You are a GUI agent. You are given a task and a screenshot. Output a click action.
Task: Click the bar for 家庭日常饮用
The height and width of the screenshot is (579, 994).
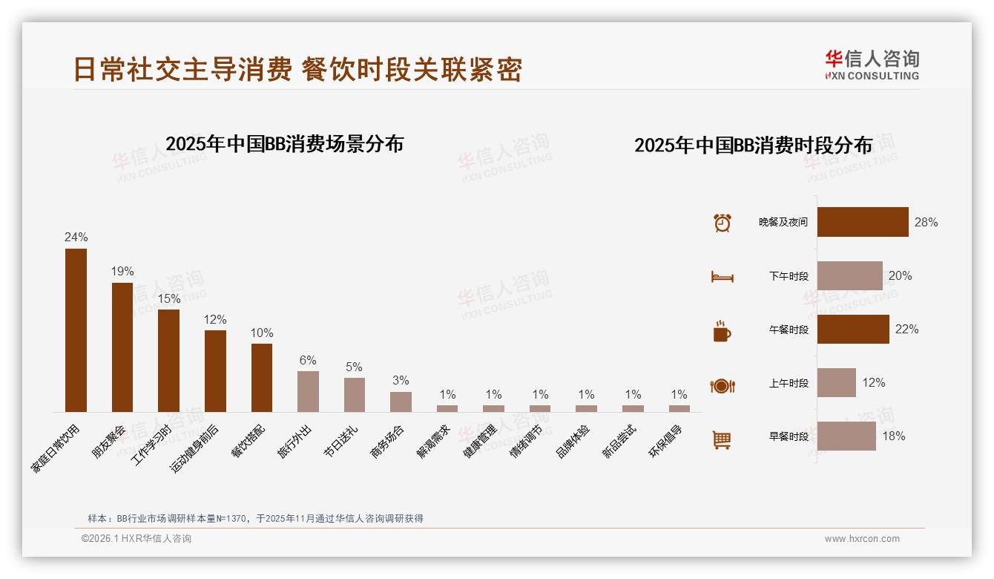tap(76, 330)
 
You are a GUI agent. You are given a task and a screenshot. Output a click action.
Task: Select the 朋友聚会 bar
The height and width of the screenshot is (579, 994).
tap(122, 347)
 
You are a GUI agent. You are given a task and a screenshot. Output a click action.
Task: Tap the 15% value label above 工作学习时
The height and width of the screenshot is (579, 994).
tap(169, 298)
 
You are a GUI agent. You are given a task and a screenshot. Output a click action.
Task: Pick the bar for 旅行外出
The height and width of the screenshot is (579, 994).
tap(308, 391)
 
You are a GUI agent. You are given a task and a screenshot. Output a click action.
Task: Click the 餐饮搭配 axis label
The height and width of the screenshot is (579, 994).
tap(253, 442)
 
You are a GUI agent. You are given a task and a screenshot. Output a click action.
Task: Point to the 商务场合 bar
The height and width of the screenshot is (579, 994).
tap(401, 402)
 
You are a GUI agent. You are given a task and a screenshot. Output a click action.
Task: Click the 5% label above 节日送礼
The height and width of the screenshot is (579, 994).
tap(354, 367)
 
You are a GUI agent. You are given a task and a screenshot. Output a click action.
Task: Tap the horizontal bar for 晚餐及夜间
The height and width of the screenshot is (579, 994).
tap(863, 222)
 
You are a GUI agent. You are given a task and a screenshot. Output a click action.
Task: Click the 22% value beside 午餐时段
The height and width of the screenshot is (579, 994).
tap(906, 329)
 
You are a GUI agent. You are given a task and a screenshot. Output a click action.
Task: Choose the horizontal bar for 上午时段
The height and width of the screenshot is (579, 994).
tap(836, 382)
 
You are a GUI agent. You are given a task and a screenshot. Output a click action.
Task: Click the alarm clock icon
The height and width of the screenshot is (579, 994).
tap(722, 222)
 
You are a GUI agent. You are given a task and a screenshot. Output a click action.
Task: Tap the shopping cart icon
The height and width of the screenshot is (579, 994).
tap(722, 439)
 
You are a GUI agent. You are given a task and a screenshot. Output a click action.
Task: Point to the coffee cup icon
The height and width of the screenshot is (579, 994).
tap(722, 331)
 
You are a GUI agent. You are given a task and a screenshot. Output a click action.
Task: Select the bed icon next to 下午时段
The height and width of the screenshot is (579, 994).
tap(722, 277)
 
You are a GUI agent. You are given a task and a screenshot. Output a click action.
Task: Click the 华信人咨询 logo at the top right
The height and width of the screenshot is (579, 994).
tap(872, 65)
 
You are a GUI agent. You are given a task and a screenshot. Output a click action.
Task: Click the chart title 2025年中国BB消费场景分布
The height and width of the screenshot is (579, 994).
tap(284, 143)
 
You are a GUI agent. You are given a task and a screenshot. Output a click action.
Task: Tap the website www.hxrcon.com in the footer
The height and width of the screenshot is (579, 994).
tap(862, 539)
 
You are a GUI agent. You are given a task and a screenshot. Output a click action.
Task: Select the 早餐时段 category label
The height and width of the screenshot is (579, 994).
tap(789, 436)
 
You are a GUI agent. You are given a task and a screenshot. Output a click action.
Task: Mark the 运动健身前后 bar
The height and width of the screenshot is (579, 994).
tap(215, 370)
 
